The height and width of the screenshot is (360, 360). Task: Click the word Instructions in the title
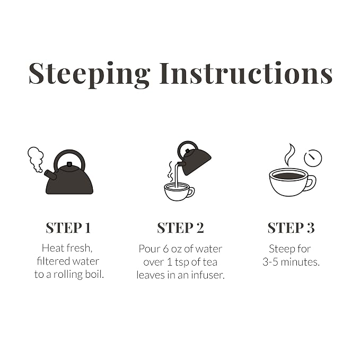tap(246, 73)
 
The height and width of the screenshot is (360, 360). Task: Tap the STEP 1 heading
tap(68, 228)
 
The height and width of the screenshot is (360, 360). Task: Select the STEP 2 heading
tap(180, 228)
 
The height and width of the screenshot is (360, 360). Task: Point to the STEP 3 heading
tap(291, 228)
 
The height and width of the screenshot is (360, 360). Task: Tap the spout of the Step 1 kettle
tap(50, 175)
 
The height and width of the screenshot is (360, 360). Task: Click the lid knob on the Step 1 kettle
tap(69, 164)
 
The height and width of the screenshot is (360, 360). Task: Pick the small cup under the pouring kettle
tap(179, 192)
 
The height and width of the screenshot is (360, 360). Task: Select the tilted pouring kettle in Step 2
tap(194, 159)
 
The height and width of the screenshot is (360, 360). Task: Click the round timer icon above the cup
tap(313, 158)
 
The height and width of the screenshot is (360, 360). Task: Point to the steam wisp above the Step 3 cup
tap(289, 154)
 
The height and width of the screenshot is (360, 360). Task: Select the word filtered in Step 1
tap(53, 261)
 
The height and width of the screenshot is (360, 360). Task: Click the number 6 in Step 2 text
tap(166, 249)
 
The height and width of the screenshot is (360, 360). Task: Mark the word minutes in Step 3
tap(300, 262)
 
